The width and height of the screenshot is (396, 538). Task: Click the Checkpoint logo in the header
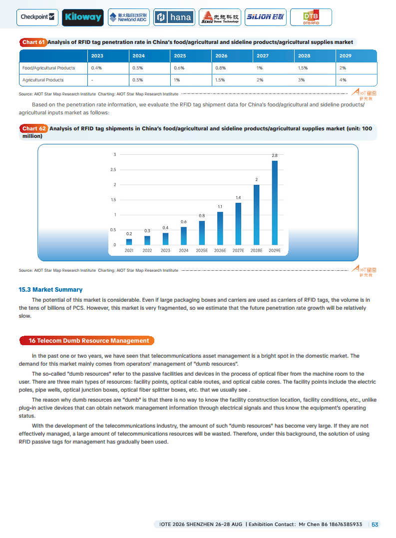click(38, 17)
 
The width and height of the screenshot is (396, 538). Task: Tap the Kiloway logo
click(83, 17)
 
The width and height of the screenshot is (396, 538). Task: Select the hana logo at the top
click(174, 17)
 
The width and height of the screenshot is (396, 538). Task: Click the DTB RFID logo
click(311, 17)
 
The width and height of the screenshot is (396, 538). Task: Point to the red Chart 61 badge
click(33, 42)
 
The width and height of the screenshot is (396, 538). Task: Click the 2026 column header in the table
click(221, 56)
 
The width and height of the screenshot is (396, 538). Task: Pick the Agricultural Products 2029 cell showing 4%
click(343, 80)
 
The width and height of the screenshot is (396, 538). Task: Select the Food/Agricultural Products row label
click(48, 68)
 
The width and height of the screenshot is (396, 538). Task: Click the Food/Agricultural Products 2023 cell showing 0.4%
click(96, 68)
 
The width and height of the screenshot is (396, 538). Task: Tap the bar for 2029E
click(275, 202)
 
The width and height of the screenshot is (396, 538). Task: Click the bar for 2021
click(129, 242)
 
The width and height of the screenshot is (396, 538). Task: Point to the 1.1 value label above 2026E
click(220, 207)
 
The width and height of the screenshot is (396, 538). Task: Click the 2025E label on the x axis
click(202, 250)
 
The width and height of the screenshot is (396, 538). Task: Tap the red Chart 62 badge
click(33, 129)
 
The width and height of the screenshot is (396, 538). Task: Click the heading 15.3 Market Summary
click(50, 290)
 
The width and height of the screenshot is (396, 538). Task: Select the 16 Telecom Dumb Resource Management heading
click(88, 341)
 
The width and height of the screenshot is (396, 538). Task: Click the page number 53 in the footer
click(375, 524)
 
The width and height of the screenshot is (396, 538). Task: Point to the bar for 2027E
click(238, 223)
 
